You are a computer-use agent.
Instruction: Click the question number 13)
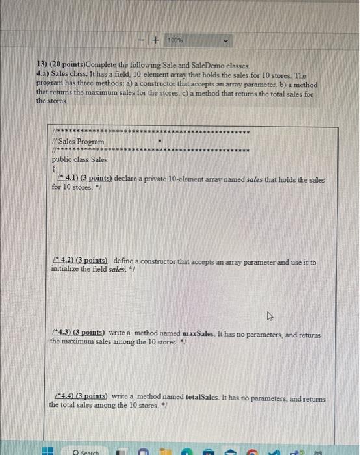(x=42, y=66)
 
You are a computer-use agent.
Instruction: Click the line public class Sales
(x=80, y=159)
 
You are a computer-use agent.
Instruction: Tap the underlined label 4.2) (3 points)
(x=80, y=262)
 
